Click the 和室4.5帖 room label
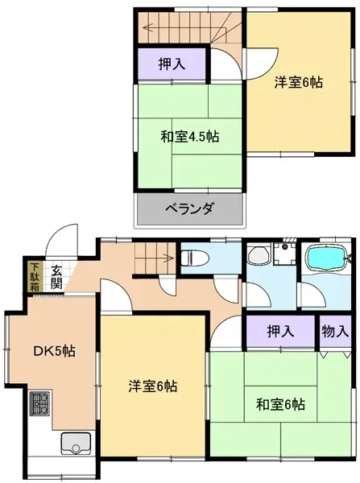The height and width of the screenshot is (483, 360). [x=189, y=136]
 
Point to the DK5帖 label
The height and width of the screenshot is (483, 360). [x=55, y=352]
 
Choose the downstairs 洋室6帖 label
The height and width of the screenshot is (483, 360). [x=153, y=386]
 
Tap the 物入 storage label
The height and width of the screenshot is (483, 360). [x=335, y=331]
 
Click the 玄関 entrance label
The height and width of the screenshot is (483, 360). [x=57, y=277]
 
